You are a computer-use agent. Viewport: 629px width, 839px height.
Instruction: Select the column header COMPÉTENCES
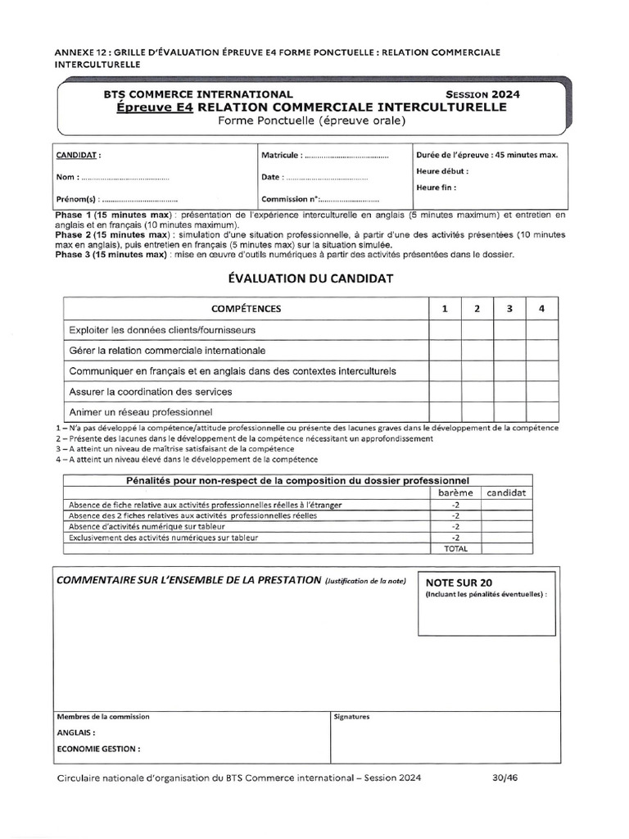246,309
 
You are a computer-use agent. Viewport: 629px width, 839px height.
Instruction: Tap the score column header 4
541,309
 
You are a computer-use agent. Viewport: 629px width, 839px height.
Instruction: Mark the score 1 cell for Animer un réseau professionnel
445,411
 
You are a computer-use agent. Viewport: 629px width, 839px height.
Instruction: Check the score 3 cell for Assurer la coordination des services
509,391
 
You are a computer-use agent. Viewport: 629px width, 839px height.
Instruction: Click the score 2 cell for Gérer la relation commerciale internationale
477,350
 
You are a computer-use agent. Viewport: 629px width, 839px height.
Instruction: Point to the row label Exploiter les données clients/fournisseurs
161,329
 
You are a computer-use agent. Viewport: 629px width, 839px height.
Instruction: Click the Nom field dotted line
125,177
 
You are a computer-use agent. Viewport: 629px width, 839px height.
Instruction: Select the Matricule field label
283,155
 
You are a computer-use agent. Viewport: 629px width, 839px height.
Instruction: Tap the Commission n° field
349,199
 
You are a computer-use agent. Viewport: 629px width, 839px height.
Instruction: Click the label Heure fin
437,187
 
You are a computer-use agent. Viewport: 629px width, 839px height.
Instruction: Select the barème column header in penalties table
455,492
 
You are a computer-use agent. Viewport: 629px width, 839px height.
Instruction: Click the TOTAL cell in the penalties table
455,548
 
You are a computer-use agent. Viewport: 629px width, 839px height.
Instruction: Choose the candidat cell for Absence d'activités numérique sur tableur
507,527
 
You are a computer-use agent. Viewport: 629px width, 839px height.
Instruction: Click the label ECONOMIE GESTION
98,748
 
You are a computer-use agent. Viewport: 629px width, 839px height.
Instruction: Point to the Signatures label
352,716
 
